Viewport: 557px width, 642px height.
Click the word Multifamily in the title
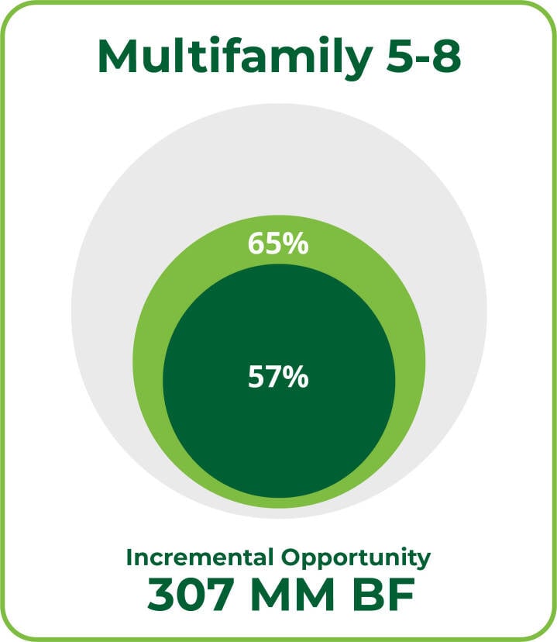235,57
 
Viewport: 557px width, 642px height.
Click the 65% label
278,243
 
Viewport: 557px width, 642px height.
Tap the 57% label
278,377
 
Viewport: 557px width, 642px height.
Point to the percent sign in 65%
296,243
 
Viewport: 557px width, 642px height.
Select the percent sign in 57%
296,377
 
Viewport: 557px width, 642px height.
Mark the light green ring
150,361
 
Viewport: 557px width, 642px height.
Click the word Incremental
200,557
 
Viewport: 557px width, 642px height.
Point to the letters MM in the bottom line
292,594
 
